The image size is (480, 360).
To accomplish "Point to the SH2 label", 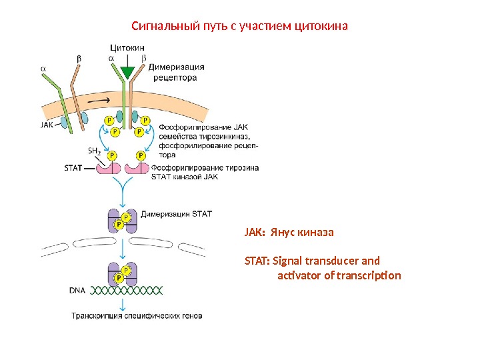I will pyautogui.click(x=95, y=151).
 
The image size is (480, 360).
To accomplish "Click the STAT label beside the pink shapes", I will pyautogui.click(x=73, y=168).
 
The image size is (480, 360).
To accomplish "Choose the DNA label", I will pyautogui.click(x=78, y=291).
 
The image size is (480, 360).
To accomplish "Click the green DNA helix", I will pyautogui.click(x=127, y=291).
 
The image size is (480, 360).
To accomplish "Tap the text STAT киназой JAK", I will pyautogui.click(x=185, y=177).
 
